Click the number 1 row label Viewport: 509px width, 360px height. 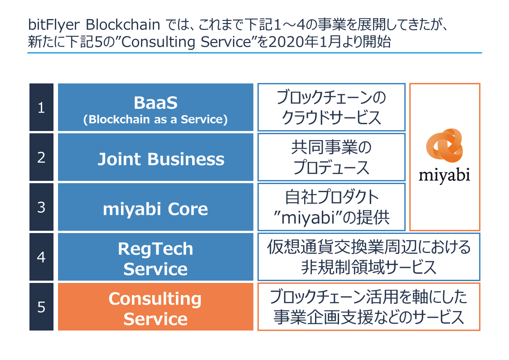pyautogui.click(x=41, y=108)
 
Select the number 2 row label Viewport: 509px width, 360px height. pyautogui.click(x=41, y=157)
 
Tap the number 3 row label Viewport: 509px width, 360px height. pyautogui.click(x=41, y=207)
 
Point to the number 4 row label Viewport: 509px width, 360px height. pyautogui.click(x=41, y=257)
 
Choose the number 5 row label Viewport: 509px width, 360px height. pyautogui.click(x=41, y=307)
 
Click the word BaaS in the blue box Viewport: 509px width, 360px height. pyautogui.click(x=155, y=103)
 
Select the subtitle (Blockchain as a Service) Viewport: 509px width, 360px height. pyautogui.click(x=155, y=120)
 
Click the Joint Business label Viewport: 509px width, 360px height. pyautogui.click(x=161, y=159)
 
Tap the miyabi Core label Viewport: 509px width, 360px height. pyautogui.click(x=155, y=209)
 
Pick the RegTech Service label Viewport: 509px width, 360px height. pyautogui.click(x=155, y=258)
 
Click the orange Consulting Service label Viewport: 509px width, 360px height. pyautogui.click(x=155, y=308)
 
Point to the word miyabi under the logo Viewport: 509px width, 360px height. pyautogui.click(x=444, y=175)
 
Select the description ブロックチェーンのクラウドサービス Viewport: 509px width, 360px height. pyautogui.click(x=331, y=108)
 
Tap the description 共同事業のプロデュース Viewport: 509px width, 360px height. pyautogui.click(x=331, y=157)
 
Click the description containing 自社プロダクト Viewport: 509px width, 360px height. pyautogui.click(x=331, y=207)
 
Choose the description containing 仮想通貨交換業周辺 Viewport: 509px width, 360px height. pyautogui.click(x=368, y=257)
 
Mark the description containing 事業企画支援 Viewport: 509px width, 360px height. pyautogui.click(x=368, y=307)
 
